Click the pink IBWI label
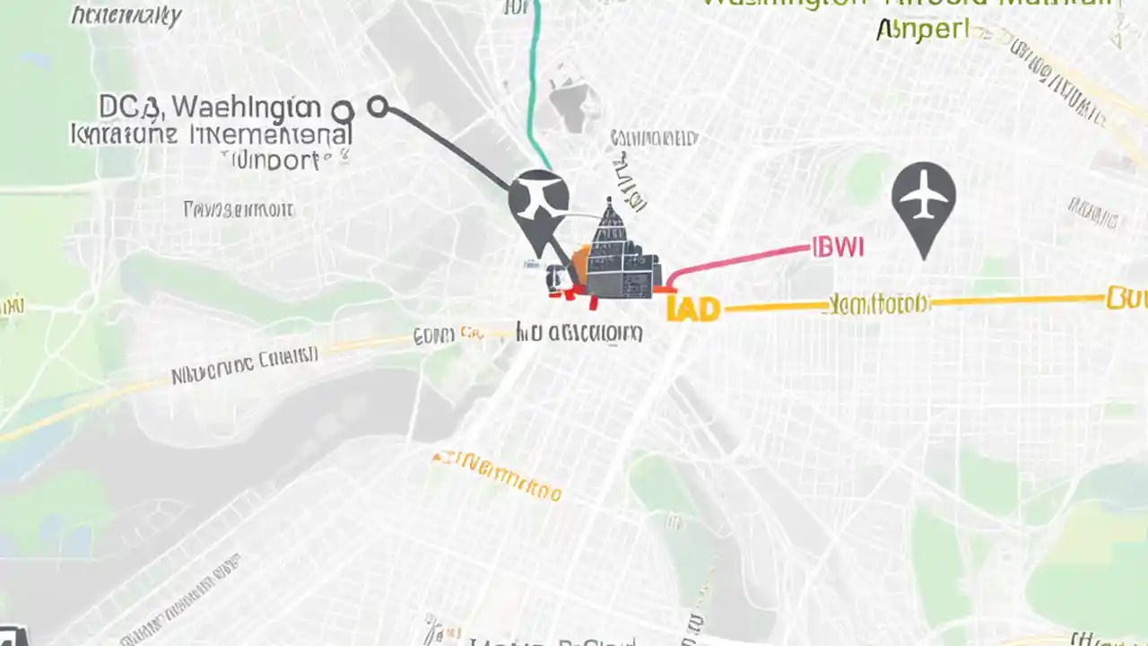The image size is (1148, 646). pyautogui.click(x=838, y=248)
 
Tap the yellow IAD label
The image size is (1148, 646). pyautogui.click(x=693, y=310)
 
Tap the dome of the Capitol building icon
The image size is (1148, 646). pyautogui.click(x=610, y=220)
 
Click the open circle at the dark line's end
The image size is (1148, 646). pyautogui.click(x=378, y=108)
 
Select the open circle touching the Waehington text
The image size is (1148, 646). pyautogui.click(x=342, y=112)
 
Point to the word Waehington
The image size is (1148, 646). pyautogui.click(x=245, y=108)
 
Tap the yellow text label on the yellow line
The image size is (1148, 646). pyautogui.click(x=879, y=303)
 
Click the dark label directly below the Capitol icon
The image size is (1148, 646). pyautogui.click(x=579, y=334)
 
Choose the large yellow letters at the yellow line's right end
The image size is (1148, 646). pyautogui.click(x=1126, y=297)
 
